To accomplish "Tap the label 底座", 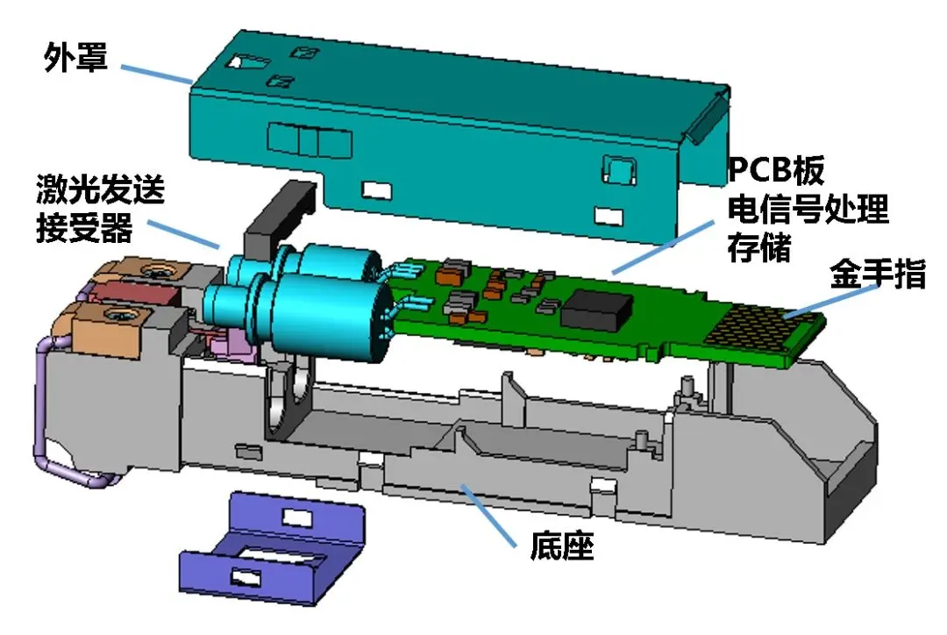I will [x=561, y=548].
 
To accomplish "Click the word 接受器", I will [x=84, y=230].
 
